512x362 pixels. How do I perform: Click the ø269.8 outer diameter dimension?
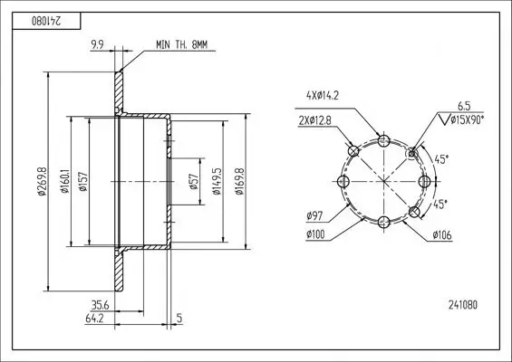coord(42,181)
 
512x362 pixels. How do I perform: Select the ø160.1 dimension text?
coord(65,181)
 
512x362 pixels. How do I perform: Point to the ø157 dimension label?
coord(83,181)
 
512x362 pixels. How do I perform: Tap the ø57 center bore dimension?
coord(194,181)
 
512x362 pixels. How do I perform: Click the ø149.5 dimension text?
coord(217,181)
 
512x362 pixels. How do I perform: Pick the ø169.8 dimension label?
coord(239,181)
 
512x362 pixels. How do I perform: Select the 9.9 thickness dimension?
coord(97,44)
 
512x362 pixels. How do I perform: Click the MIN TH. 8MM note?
coord(181,44)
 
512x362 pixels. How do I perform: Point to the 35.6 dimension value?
coord(100,306)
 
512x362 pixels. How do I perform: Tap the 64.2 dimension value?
coord(94,319)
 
